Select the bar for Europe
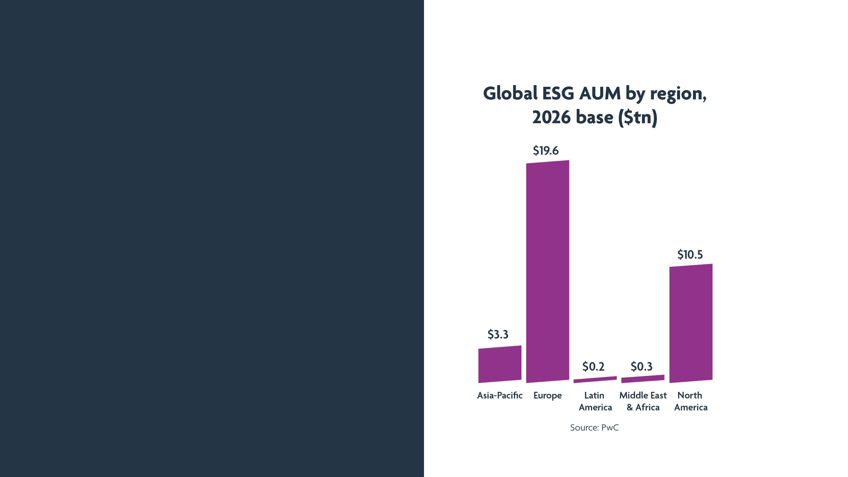pyautogui.click(x=548, y=272)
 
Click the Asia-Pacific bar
pyautogui.click(x=500, y=364)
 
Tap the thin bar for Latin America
pyautogui.click(x=595, y=380)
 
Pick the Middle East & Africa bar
pyautogui.click(x=643, y=379)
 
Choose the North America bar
pyautogui.click(x=691, y=323)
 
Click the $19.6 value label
pyautogui.click(x=546, y=151)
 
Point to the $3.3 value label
pyautogui.click(x=498, y=335)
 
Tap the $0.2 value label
pyautogui.click(x=593, y=367)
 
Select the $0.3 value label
pyautogui.click(x=641, y=367)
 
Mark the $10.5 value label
pyautogui.click(x=690, y=254)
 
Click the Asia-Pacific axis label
pyautogui.click(x=500, y=396)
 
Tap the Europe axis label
pyautogui.click(x=548, y=396)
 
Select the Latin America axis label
pyautogui.click(x=595, y=401)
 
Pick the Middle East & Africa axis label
pyautogui.click(x=643, y=401)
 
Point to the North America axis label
pyautogui.click(x=691, y=401)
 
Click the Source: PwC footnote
pyautogui.click(x=594, y=428)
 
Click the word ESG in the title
pyautogui.click(x=558, y=93)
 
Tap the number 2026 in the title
pyautogui.click(x=551, y=117)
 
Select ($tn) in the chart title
pyautogui.click(x=638, y=117)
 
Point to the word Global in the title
pyautogui.click(x=510, y=93)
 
